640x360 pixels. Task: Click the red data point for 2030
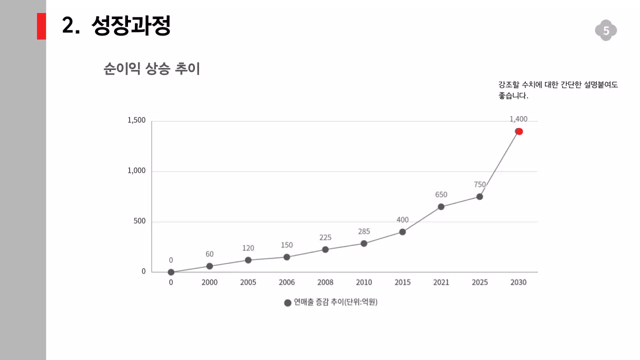click(519, 131)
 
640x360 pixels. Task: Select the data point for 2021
click(441, 206)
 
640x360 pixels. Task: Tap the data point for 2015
click(402, 232)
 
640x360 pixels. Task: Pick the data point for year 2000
click(209, 266)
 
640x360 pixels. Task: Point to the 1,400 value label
click(518, 119)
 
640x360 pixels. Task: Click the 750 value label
click(480, 184)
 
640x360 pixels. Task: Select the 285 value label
click(364, 231)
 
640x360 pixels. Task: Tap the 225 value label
click(325, 237)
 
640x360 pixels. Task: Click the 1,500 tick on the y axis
click(136, 120)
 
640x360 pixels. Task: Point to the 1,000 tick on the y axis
click(136, 171)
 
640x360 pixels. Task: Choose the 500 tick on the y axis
click(139, 221)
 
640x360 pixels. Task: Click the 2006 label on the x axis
click(286, 282)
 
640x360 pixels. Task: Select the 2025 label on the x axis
click(480, 282)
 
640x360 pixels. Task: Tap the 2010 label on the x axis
click(364, 282)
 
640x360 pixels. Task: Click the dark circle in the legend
click(287, 303)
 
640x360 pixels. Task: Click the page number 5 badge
click(606, 31)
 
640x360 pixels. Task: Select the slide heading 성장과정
click(131, 26)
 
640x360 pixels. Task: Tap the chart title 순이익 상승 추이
click(151, 68)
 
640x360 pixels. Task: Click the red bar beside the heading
click(41, 26)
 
